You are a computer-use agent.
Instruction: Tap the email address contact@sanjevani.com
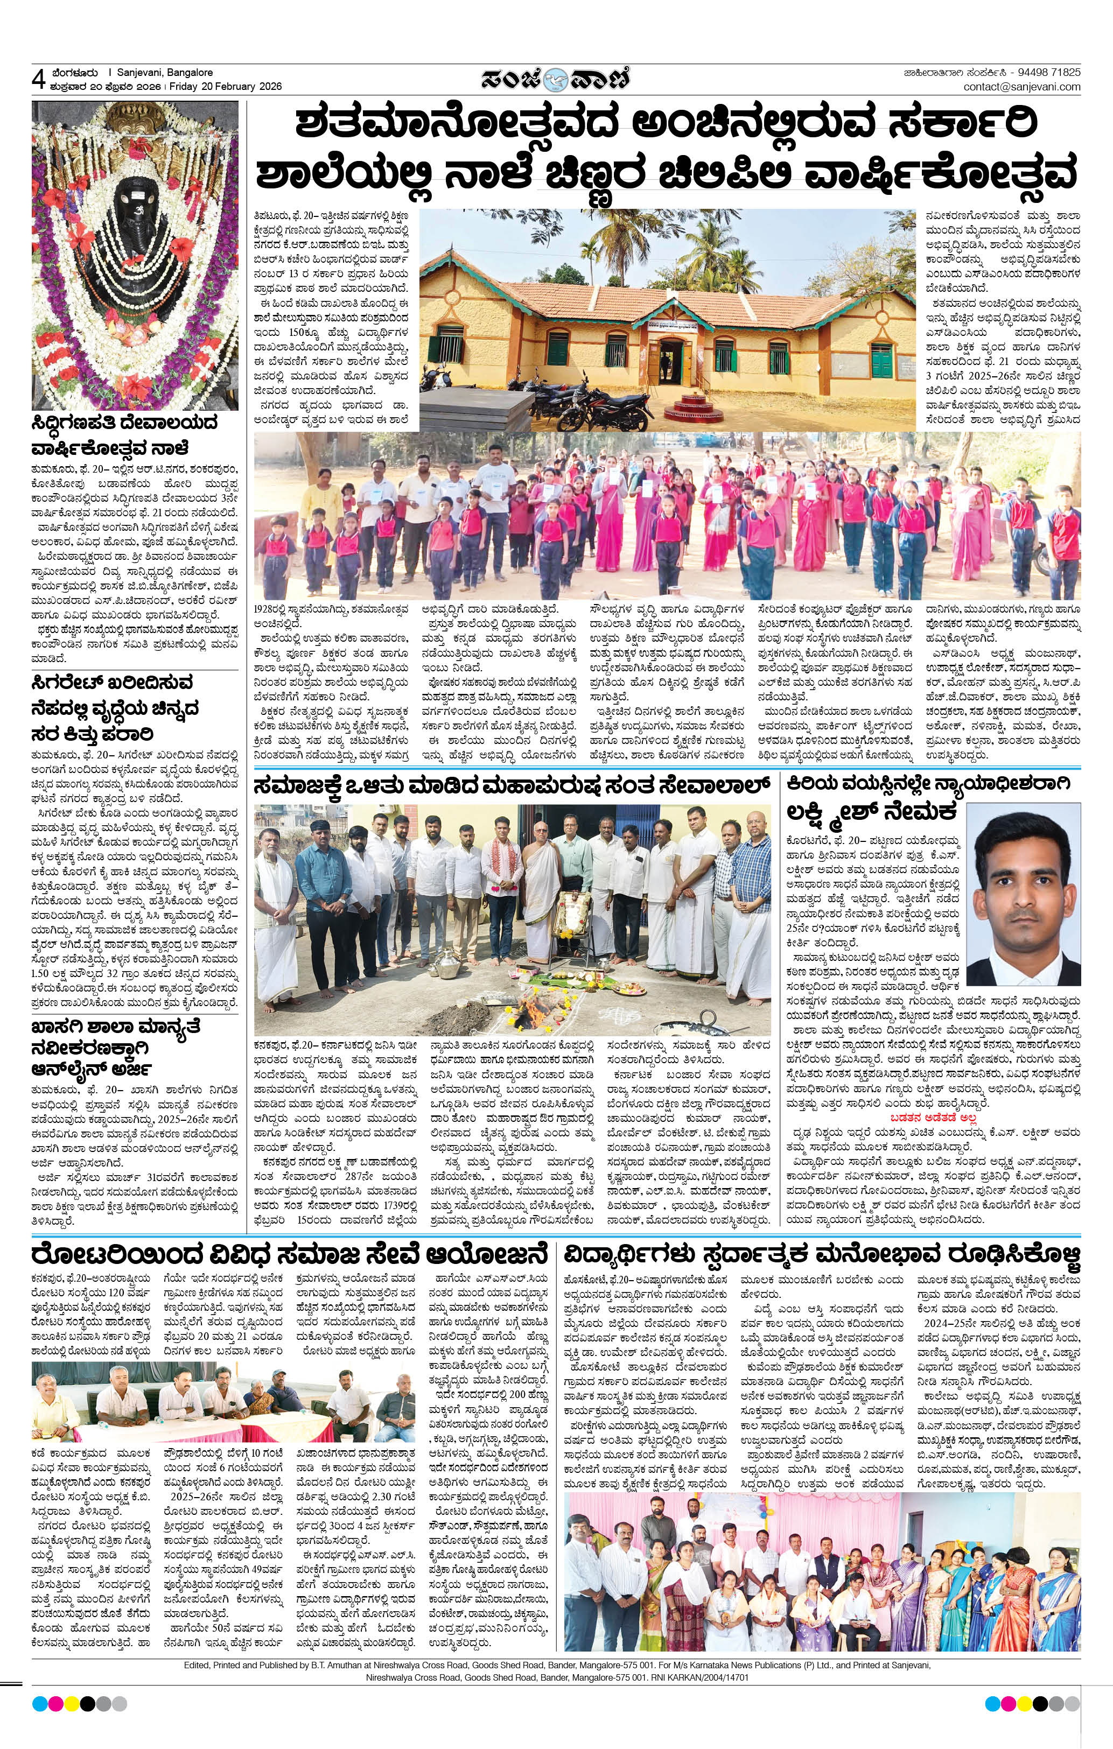click(1021, 87)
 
